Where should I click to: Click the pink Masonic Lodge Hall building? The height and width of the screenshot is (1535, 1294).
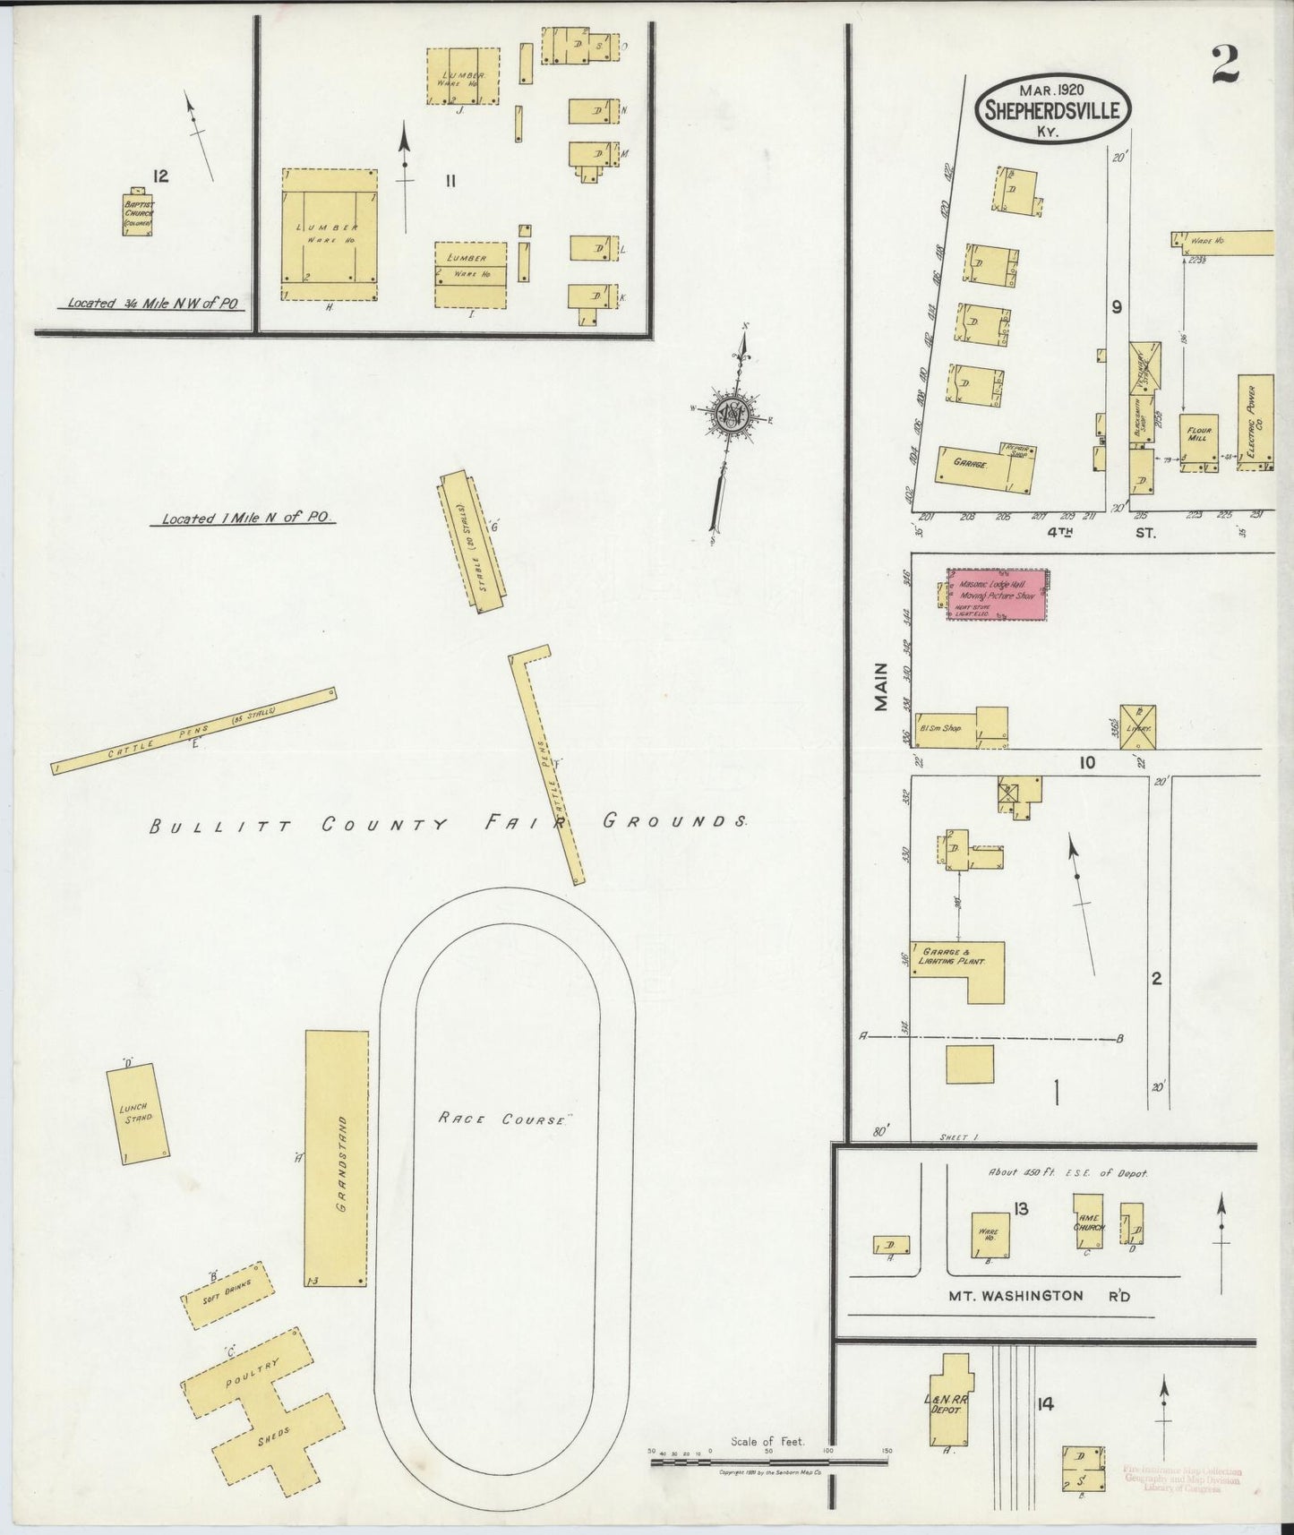[998, 593]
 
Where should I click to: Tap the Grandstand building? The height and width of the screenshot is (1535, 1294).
[337, 1158]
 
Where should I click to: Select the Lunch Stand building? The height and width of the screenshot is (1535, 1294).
[138, 1114]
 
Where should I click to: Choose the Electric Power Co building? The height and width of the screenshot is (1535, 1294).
[1255, 423]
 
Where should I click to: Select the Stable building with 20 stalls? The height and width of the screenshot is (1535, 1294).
[472, 542]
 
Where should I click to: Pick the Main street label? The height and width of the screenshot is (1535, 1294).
[882, 687]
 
